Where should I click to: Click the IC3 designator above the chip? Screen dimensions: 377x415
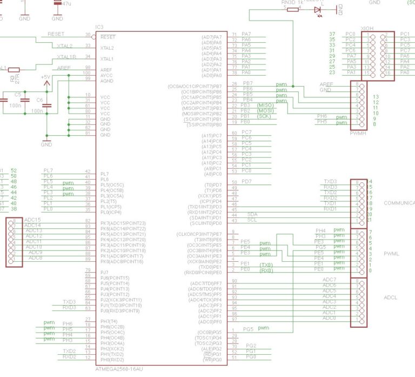[x=99, y=27]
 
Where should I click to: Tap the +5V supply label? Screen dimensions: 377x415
[x=45, y=77]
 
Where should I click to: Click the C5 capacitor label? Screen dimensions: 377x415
[x=18, y=94]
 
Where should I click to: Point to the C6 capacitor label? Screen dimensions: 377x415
[x=39, y=100]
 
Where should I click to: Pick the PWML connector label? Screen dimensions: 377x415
[x=391, y=253]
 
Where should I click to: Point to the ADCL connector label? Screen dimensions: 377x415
[x=391, y=297]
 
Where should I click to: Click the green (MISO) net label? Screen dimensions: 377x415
[x=265, y=105]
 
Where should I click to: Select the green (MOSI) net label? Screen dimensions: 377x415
[x=265, y=110]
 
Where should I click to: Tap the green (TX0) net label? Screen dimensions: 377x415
[x=266, y=264]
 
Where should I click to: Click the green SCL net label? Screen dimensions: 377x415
[x=252, y=220]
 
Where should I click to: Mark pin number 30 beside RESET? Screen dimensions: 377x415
[x=88, y=35]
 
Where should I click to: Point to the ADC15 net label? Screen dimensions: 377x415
[x=33, y=220]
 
